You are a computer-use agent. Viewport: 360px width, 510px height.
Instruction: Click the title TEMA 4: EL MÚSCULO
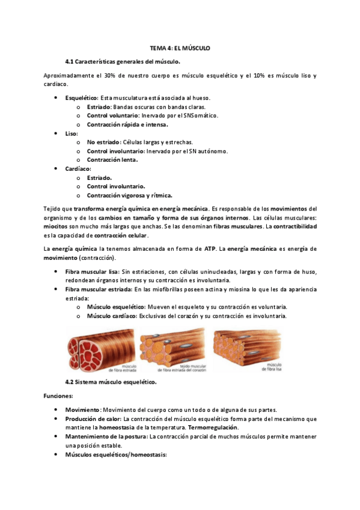pyautogui.click(x=180, y=48)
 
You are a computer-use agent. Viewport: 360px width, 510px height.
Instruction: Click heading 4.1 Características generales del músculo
pyautogui.click(x=123, y=62)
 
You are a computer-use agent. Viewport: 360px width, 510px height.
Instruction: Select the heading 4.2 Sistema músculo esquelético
pyautogui.click(x=111, y=382)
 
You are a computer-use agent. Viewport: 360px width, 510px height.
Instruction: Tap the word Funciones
pyautogui.click(x=58, y=396)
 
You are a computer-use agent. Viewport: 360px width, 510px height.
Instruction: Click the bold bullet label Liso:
pyautogui.click(x=72, y=133)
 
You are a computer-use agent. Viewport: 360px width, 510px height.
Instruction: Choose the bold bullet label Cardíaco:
pyautogui.click(x=78, y=169)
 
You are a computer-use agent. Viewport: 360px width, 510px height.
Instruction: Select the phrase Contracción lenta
pyautogui.click(x=112, y=160)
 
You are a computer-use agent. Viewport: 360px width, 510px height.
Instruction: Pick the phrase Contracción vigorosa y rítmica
pyautogui.click(x=129, y=195)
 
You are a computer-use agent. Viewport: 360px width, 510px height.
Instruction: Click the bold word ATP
pyautogui.click(x=210, y=248)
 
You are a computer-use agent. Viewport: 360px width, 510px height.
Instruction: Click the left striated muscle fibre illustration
pyautogui.click(x=99, y=349)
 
